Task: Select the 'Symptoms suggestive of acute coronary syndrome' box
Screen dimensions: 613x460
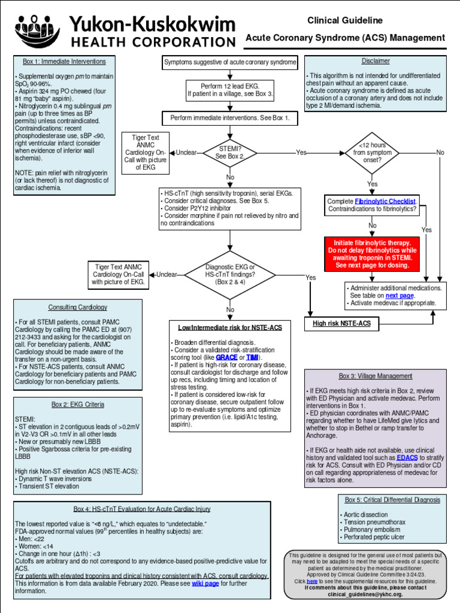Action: [x=230, y=62]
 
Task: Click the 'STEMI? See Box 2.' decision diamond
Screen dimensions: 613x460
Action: [x=230, y=153]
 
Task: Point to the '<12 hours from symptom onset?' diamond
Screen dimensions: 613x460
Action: [x=372, y=153]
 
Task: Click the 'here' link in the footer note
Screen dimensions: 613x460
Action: [x=312, y=581]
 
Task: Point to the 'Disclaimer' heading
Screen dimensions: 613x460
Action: [x=376, y=61]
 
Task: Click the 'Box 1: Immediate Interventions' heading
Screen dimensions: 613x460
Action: [x=64, y=61]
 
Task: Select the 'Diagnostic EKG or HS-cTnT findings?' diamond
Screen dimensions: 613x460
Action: [x=230, y=275]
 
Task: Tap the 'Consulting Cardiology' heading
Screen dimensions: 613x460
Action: [x=78, y=307]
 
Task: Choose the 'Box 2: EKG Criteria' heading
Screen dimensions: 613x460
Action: [x=78, y=405]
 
